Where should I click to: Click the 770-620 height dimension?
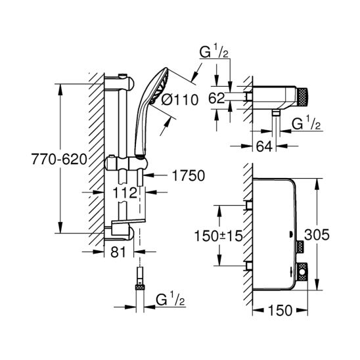59,159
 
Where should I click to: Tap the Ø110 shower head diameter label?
180,100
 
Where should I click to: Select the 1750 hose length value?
189,175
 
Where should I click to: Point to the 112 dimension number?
125,192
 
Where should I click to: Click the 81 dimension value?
118,252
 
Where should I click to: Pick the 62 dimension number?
216,98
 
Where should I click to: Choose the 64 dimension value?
264,146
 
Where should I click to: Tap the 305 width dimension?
317,235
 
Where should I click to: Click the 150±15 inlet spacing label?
218,236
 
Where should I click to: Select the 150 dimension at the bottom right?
280,311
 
